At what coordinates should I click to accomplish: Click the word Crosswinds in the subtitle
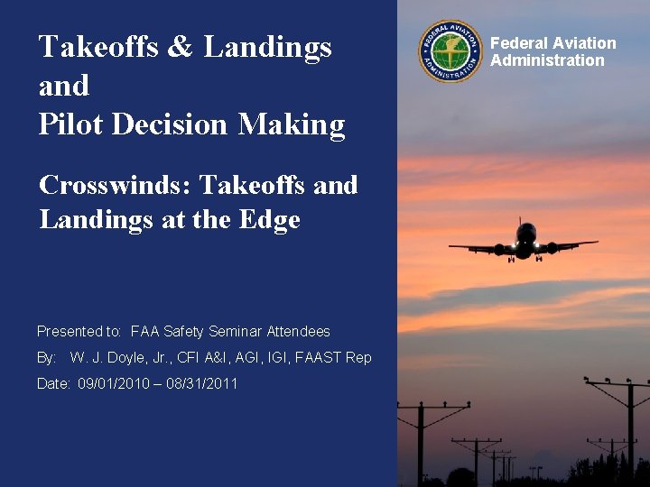coord(115,185)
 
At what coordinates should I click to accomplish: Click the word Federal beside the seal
coord(517,43)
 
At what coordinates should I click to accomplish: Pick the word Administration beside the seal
coord(547,60)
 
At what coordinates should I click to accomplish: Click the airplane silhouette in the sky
coord(524,242)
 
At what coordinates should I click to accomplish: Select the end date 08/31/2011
coord(202,384)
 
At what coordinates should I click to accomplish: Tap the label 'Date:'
coord(53,384)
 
